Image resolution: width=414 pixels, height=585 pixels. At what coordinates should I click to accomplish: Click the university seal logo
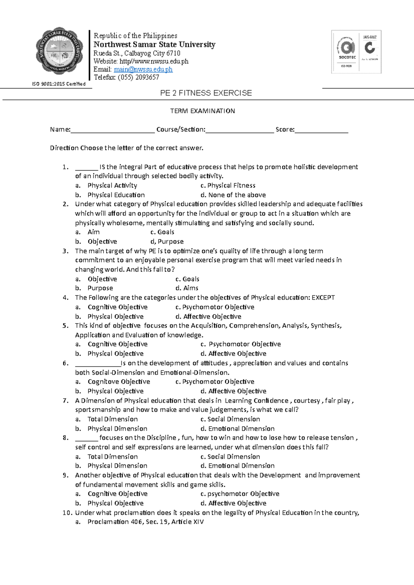pos(59,51)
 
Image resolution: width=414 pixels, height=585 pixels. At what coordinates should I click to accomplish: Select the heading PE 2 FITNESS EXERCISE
pos(206,93)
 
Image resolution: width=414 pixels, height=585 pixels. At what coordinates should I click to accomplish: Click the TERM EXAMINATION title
pos(203,111)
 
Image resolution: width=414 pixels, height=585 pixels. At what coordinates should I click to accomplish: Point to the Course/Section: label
pos(180,130)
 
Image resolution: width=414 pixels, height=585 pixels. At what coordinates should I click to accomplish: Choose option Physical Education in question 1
pos(116,195)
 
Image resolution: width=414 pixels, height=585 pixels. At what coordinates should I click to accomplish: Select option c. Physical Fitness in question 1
pos(228,185)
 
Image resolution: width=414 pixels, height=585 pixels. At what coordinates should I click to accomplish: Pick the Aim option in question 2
pos(93,232)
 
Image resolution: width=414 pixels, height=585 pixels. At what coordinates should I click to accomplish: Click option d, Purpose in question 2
pos(167,242)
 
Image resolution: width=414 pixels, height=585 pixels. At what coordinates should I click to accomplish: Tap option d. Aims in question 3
pos(187,288)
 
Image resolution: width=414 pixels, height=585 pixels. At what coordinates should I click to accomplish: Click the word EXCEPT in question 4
pos(323,298)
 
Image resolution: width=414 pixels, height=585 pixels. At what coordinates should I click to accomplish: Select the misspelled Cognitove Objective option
pos(119,382)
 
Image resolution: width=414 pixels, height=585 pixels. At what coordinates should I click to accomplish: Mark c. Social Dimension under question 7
pos(230,419)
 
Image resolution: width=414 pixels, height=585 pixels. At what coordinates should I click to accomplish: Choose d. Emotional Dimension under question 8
pos(237,466)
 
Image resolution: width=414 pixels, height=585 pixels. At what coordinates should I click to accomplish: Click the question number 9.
pos(66,475)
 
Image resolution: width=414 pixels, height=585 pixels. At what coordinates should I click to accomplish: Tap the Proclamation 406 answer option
pos(145,522)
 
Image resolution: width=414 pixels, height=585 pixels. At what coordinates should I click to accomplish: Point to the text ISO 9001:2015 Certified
pos(59,84)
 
